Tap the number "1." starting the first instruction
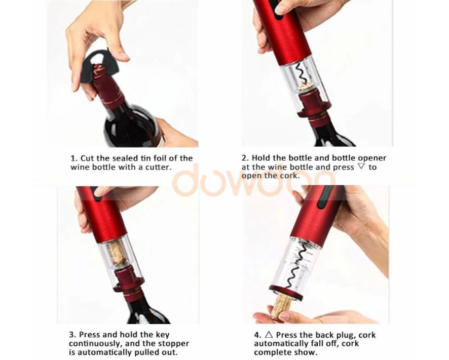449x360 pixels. click(74, 158)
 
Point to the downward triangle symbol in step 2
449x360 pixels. click(361, 166)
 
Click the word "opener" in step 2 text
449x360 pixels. click(372, 158)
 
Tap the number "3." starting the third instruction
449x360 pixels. click(72, 335)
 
